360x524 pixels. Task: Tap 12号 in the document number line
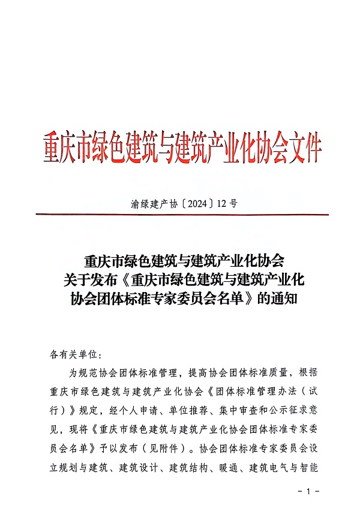coord(227,204)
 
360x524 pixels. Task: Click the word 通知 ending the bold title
coord(284,298)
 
